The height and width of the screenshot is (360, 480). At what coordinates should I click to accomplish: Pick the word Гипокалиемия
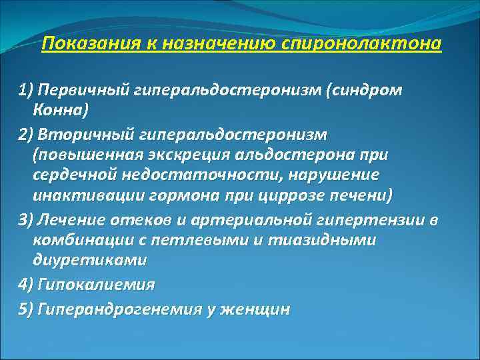tap(96, 285)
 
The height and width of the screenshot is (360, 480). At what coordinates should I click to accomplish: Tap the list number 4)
tap(26, 285)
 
